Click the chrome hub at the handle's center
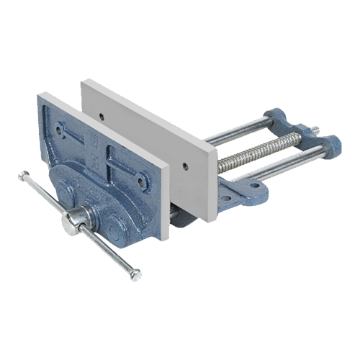[x=75, y=220]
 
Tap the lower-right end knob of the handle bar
[x=136, y=274]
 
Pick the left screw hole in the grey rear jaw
[x=102, y=115]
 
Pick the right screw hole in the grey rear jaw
[x=185, y=166]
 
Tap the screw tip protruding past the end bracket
[x=315, y=130]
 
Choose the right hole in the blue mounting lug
[x=254, y=185]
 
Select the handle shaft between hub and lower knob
[x=108, y=249]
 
